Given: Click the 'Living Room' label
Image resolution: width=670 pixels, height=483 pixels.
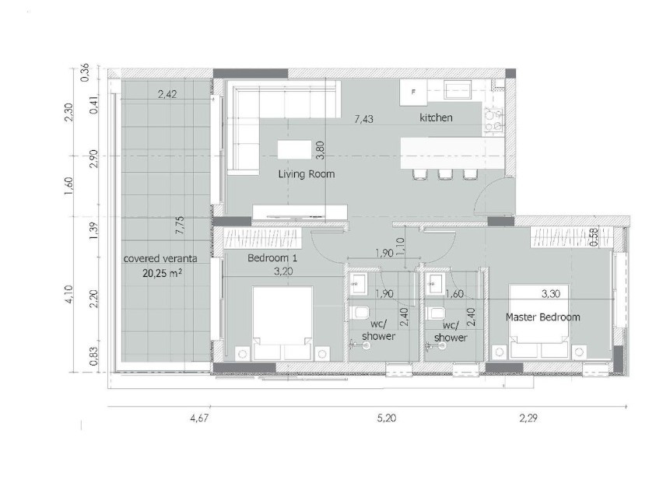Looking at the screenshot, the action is [307, 173].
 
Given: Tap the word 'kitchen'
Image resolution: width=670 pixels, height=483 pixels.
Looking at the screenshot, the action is [436, 117].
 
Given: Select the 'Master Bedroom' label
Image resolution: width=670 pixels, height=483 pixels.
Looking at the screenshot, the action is [542, 317].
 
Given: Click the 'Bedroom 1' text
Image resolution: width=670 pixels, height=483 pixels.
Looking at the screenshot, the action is [272, 258].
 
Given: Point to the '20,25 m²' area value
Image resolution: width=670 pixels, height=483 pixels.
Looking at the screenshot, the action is [162, 273].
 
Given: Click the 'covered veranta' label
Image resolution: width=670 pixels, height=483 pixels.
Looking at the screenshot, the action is [160, 258].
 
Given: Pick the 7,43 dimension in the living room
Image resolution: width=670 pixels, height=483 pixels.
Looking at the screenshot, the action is [363, 119].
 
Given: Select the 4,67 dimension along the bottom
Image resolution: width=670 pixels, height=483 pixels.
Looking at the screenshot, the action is [199, 418].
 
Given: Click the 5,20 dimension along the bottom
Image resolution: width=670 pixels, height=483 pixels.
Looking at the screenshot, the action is [386, 418].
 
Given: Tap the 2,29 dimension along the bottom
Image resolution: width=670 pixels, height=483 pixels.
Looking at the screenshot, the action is [528, 418].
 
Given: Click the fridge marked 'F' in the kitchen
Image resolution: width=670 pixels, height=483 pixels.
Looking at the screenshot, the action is [413, 93].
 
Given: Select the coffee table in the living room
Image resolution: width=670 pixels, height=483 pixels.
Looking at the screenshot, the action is [294, 150].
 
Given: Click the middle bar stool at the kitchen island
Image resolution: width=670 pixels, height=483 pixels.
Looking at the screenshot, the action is [445, 174].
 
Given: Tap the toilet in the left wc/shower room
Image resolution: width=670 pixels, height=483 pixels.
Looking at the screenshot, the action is [359, 313].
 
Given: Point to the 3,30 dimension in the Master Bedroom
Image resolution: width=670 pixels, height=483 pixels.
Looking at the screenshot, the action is [551, 294].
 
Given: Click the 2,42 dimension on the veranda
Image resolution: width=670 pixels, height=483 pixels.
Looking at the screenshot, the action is [167, 94].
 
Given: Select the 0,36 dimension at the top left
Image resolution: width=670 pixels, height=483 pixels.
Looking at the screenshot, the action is [85, 72].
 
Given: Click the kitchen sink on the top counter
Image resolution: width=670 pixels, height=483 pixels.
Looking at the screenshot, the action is [458, 90].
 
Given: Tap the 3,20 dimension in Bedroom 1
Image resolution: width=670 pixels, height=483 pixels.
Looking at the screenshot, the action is [283, 271].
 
